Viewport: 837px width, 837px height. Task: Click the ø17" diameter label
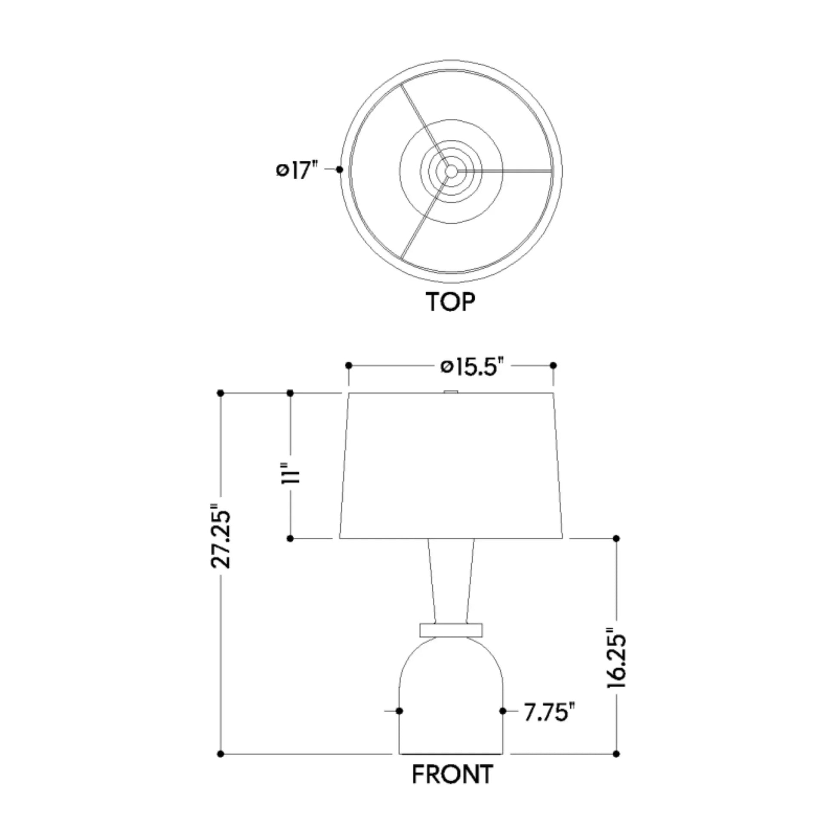[x=297, y=170]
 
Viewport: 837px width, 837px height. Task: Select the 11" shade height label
[x=291, y=474]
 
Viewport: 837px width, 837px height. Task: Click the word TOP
[x=451, y=302]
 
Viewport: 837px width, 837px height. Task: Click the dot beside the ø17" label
[x=340, y=169]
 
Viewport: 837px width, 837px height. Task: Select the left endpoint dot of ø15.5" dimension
[x=349, y=366]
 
